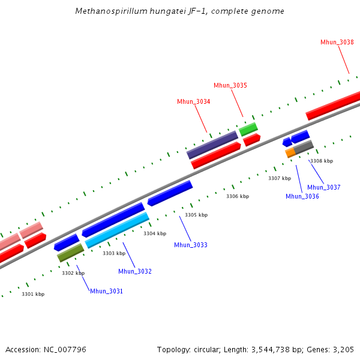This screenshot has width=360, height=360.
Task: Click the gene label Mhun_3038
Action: pyautogui.click(x=337, y=42)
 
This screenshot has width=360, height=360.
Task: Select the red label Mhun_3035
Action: pyautogui.click(x=230, y=85)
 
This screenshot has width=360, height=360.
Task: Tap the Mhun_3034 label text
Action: pyautogui.click(x=193, y=101)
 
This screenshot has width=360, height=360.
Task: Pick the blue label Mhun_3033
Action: pyautogui.click(x=191, y=245)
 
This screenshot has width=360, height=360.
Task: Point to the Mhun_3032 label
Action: pyautogui.click(x=135, y=271)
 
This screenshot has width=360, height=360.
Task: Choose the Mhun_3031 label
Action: pyautogui.click(x=106, y=291)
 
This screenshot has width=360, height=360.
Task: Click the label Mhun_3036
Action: pyautogui.click(x=302, y=196)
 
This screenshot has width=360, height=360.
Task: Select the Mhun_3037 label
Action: pyautogui.click(x=324, y=187)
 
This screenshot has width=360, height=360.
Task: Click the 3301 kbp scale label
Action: pyautogui.click(x=33, y=294)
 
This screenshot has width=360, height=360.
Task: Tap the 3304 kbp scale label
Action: pyautogui.click(x=155, y=233)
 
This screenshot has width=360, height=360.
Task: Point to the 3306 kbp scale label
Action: pyautogui.click(x=237, y=196)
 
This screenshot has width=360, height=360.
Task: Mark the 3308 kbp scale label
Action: pyautogui.click(x=321, y=161)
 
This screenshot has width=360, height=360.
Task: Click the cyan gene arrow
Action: pyautogui.click(x=117, y=231)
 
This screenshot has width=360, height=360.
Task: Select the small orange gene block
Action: pyautogui.click(x=290, y=153)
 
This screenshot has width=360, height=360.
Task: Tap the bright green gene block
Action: pyautogui.click(x=248, y=129)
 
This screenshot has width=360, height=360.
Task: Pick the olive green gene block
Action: pyautogui.click(x=70, y=253)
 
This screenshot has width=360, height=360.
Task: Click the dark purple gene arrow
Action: pyautogui.click(x=212, y=145)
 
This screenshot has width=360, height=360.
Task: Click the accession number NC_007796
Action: pyautogui.click(x=65, y=349)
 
